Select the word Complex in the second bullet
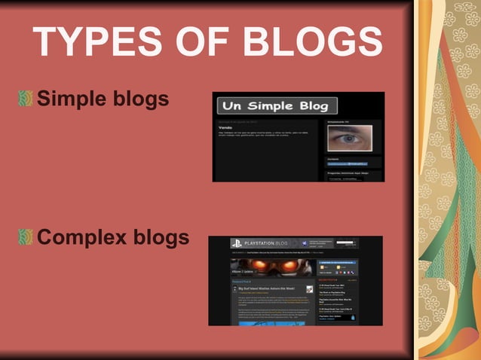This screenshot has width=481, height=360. coord(82,238)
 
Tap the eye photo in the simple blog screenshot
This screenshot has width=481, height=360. coord(348,139)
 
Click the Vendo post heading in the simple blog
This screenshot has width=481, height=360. coord(226,128)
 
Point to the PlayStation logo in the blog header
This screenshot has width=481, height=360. coord(236,244)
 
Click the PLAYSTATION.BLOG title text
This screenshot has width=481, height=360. coord(267,244)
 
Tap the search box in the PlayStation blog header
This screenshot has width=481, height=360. coord(348,243)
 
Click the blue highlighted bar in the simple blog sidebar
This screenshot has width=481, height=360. coord(348,163)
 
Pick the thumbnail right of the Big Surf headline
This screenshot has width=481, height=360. coord(310,289)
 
